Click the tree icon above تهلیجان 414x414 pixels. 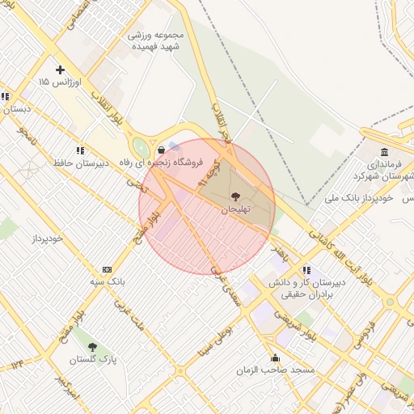pyautogui.click(x=235, y=196)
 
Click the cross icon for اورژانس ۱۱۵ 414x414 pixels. pyautogui.click(x=60, y=70)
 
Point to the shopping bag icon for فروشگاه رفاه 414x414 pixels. pyautogui.click(x=162, y=150)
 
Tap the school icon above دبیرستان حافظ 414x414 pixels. pyautogui.click(x=80, y=150)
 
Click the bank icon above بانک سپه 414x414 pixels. pyautogui.click(x=107, y=269)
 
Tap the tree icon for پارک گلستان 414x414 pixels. pyautogui.click(x=92, y=347)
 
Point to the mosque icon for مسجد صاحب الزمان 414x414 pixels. pyautogui.click(x=275, y=357)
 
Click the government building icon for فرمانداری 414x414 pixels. pyautogui.click(x=383, y=153)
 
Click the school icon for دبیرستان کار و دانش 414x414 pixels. pyautogui.click(x=306, y=270)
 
